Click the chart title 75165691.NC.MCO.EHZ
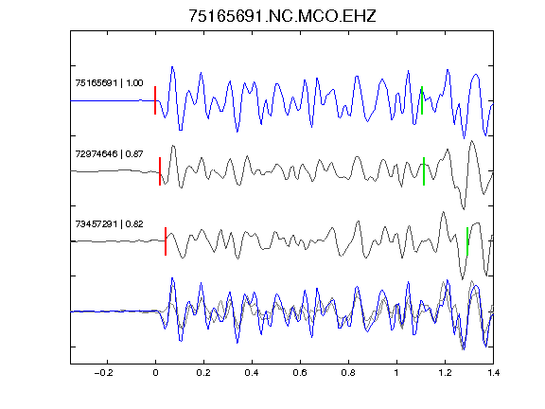tap(282, 16)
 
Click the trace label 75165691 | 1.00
tap(109, 83)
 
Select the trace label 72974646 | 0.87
tap(109, 153)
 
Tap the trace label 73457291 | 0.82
tap(109, 224)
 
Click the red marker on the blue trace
tap(155, 100)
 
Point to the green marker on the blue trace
tap(422, 100)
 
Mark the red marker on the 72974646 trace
tap(160, 171)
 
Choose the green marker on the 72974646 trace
tap(424, 171)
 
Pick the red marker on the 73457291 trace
tap(166, 241)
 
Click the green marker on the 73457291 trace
tap(467, 241)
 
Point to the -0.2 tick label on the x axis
tap(104, 373)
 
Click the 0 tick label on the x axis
tap(155, 373)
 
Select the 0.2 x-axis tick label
tap(203, 373)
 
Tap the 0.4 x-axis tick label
tap(252, 373)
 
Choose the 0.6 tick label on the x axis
tap(300, 373)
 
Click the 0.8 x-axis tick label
tap(348, 373)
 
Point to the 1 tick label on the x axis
tap(396, 373)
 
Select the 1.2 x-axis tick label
tap(445, 373)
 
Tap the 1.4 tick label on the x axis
tap(493, 373)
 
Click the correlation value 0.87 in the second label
tap(134, 153)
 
